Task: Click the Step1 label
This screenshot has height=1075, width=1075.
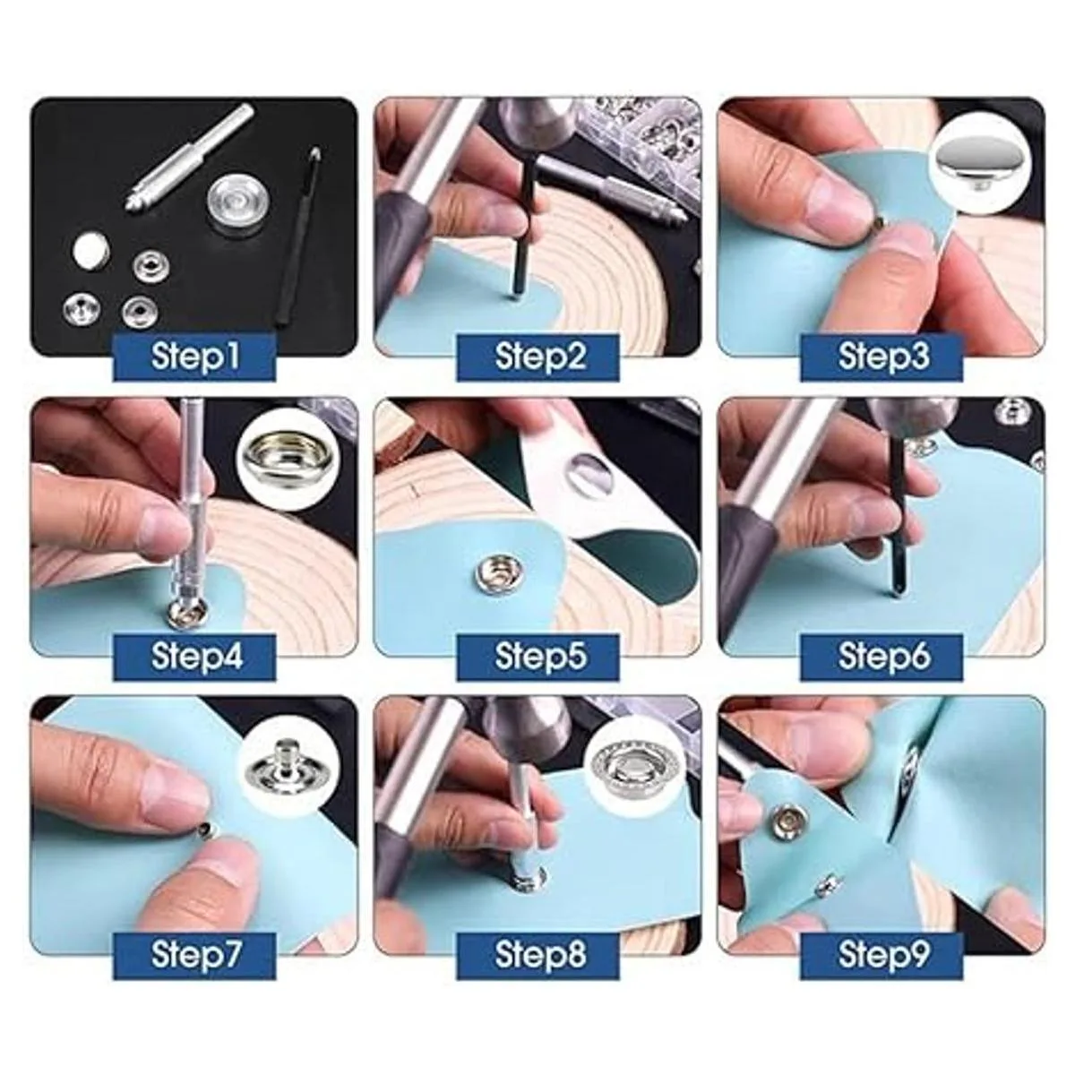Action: (x=194, y=357)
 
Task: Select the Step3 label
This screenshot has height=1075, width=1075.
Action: (x=881, y=357)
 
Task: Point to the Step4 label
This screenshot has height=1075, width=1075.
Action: (x=194, y=657)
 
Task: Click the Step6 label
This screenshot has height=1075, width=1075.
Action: (x=881, y=657)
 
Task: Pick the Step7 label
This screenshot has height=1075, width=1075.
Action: (x=194, y=954)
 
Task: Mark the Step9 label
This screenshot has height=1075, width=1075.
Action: (x=881, y=954)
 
